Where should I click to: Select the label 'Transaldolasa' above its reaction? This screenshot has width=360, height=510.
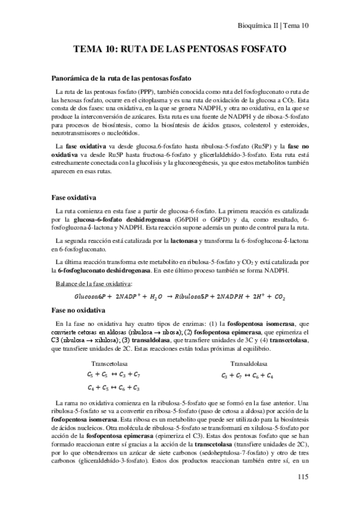(x=248, y=363)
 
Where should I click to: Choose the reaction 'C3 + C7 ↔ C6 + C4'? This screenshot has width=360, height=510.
(x=248, y=375)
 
